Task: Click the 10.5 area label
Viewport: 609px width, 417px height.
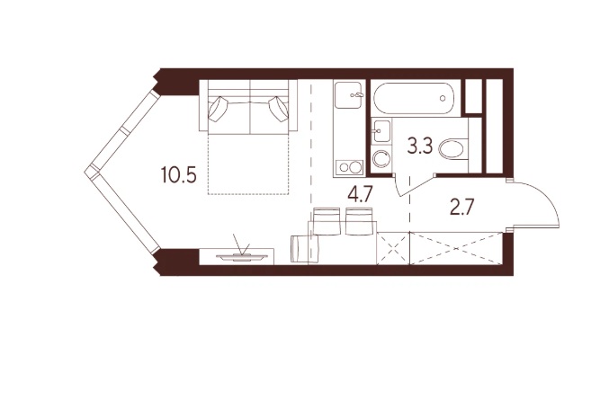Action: (179, 176)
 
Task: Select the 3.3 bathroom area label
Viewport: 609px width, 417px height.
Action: (420, 146)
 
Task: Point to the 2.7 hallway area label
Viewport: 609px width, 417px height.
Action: (461, 208)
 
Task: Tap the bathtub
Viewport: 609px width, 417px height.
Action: (414, 98)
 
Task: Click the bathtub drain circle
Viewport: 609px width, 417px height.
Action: (443, 99)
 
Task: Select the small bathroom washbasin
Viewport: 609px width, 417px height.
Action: (381, 131)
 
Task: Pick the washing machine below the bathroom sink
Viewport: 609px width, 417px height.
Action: (381, 159)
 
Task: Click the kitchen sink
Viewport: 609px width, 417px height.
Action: (349, 95)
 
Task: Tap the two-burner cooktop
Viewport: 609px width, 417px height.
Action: (349, 167)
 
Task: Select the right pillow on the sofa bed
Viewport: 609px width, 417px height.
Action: (279, 109)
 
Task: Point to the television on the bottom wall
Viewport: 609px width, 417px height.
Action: (242, 256)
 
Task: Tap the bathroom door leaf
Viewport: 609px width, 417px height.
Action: (416, 186)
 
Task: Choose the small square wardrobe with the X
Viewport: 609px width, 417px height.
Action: (393, 248)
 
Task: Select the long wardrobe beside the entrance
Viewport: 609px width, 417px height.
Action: (455, 248)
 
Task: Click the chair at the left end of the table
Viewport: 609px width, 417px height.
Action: (305, 248)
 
